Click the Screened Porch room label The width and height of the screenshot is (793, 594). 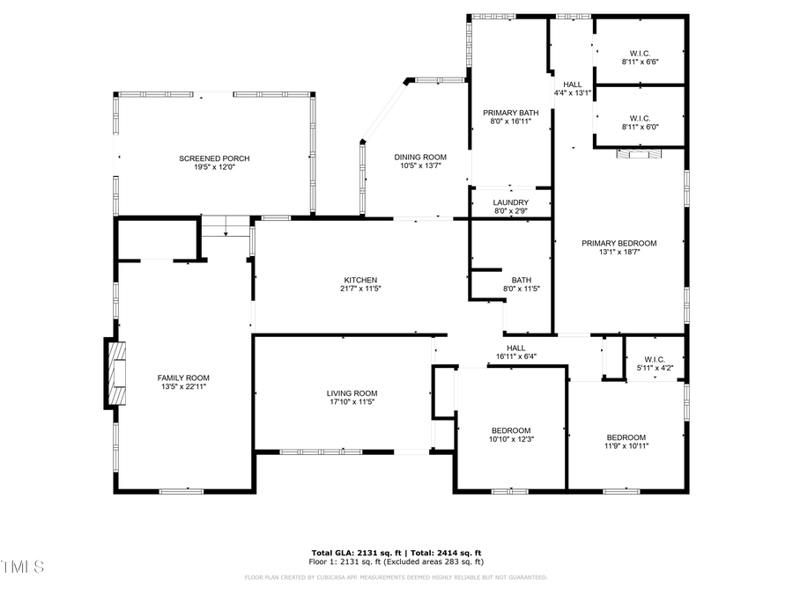(x=214, y=158)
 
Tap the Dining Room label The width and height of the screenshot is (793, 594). (x=419, y=158)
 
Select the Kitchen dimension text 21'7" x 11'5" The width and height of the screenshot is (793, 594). (x=360, y=289)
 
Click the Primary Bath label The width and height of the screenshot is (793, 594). (x=510, y=113)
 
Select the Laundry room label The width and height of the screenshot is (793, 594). (x=510, y=202)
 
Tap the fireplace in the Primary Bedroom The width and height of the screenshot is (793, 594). (x=637, y=154)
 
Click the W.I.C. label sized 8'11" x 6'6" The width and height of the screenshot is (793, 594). (x=640, y=52)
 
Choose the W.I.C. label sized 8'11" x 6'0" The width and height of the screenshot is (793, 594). (x=640, y=117)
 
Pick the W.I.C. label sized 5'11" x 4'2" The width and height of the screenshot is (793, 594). (x=654, y=359)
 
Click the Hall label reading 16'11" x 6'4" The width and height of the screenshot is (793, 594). (x=515, y=348)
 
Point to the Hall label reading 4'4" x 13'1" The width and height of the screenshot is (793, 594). (x=573, y=84)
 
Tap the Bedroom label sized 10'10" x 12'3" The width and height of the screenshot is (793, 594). (x=511, y=429)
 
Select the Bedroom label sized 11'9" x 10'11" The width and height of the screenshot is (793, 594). (x=626, y=437)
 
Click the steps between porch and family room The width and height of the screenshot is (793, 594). (x=226, y=227)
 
